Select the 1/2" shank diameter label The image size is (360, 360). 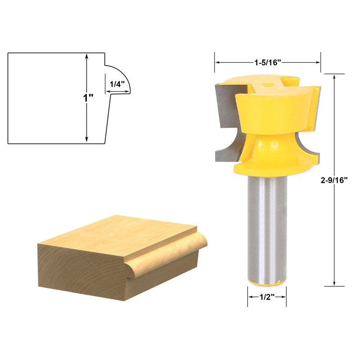(267, 297)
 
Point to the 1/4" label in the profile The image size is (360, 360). (115, 84)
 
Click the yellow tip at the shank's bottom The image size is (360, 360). (267, 283)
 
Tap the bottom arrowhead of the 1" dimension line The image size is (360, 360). (86, 140)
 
